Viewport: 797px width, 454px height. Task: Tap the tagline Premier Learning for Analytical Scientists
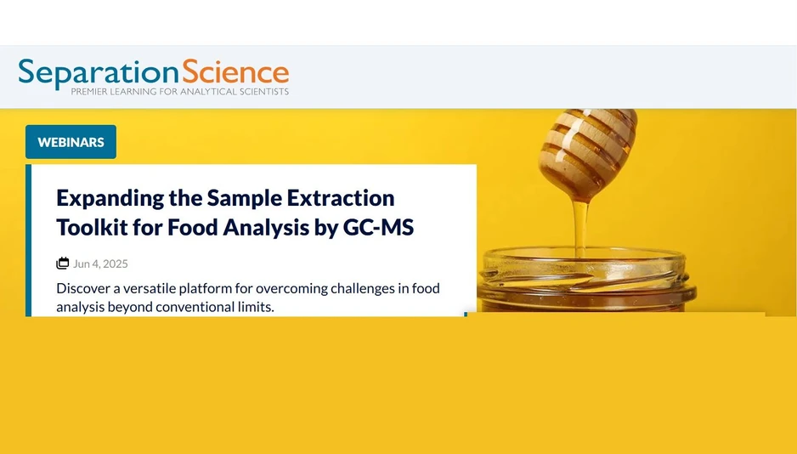click(x=179, y=92)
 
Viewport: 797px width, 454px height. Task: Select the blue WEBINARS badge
click(x=71, y=142)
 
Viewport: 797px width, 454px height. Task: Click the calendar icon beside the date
click(x=63, y=264)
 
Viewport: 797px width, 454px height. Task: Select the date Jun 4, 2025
click(x=100, y=264)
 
